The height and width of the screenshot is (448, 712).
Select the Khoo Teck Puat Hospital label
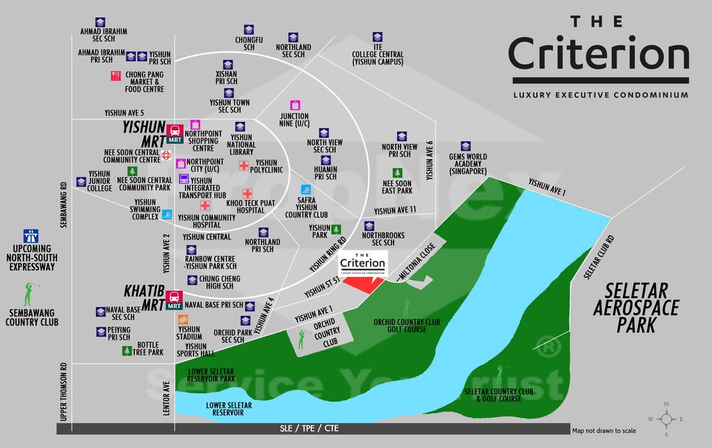click(x=250, y=207)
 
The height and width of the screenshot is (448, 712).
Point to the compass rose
click(x=666, y=419)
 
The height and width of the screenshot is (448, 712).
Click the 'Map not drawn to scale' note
click(x=604, y=431)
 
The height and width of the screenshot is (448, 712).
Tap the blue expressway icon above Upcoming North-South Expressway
click(x=31, y=237)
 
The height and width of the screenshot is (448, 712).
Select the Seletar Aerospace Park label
click(x=636, y=308)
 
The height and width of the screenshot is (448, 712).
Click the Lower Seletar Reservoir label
click(x=228, y=409)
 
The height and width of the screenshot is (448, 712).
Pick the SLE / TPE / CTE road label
click(x=309, y=429)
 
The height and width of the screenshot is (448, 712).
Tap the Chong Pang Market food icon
click(x=116, y=76)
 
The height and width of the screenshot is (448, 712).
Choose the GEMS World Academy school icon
click(x=466, y=146)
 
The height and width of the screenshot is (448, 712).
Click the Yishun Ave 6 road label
click(x=430, y=161)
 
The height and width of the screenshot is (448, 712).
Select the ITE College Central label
click(x=378, y=54)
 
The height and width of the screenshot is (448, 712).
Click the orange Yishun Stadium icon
click(x=183, y=320)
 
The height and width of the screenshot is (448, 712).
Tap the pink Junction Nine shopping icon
click(x=295, y=106)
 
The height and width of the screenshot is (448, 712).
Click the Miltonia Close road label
click(x=417, y=262)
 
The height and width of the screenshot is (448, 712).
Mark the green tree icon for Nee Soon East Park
click(x=397, y=173)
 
